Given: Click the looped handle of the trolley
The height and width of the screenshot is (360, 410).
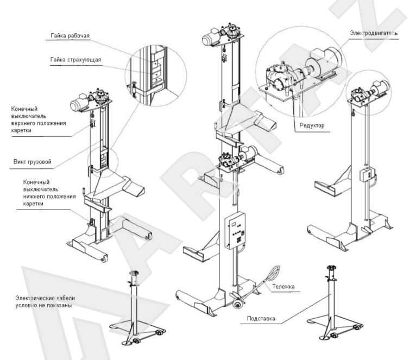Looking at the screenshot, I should click(271, 271).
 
